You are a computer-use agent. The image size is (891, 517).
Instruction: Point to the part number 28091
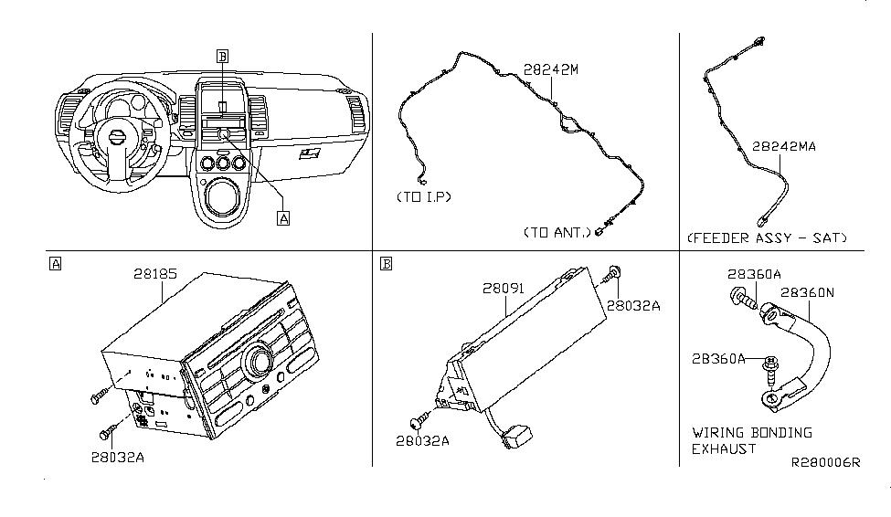click(504, 288)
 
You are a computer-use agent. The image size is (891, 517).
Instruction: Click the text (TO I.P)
click(424, 197)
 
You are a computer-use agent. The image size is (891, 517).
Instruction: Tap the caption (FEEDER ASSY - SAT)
click(767, 238)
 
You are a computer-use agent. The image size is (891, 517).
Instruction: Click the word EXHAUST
click(724, 448)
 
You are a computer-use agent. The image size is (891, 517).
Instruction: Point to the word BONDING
click(778, 432)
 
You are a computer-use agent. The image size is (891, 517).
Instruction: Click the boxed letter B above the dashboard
click(222, 57)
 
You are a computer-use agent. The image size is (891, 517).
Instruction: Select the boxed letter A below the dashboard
click(283, 218)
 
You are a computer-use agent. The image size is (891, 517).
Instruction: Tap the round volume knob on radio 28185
click(255, 361)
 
